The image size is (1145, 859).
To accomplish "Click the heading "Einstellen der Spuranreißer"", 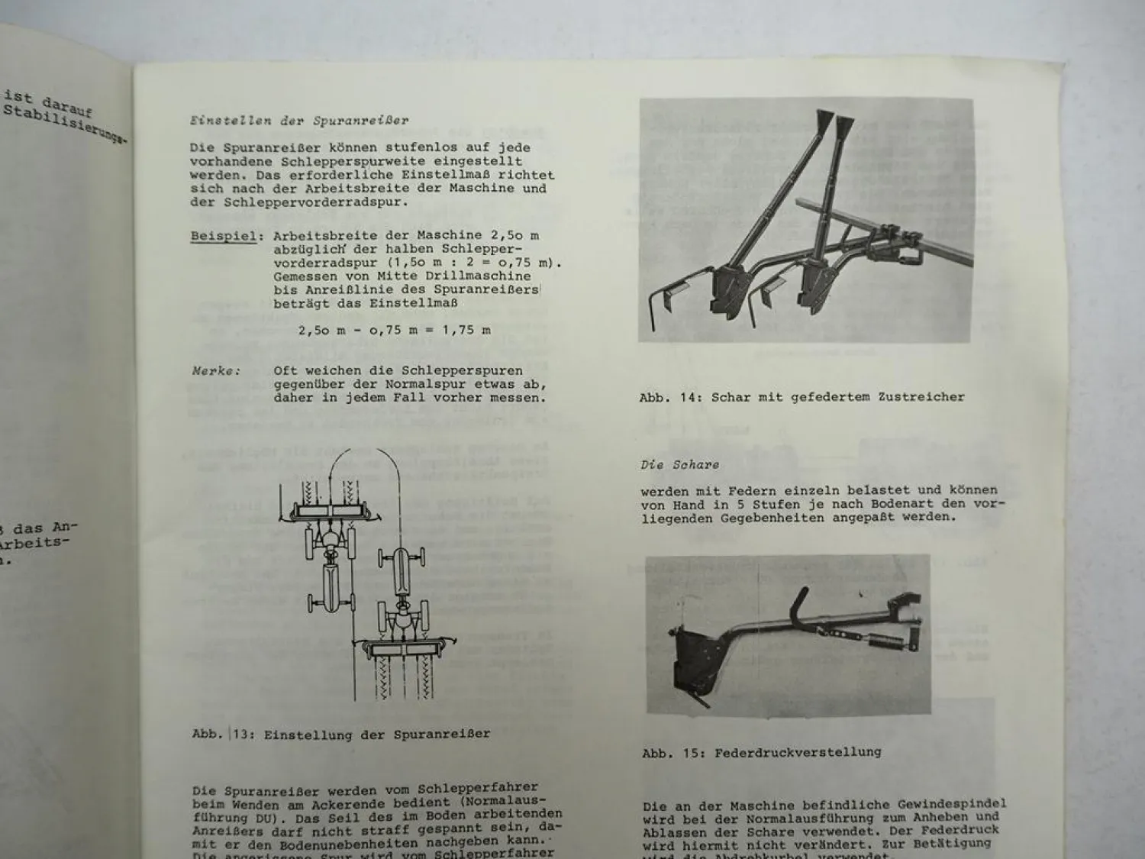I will [299, 121].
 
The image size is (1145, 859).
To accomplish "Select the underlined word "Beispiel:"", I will [223, 236].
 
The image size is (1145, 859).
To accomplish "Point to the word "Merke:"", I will [216, 371].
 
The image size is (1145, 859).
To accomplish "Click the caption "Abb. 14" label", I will [669, 397].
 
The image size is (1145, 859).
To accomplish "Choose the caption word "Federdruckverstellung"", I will [797, 752].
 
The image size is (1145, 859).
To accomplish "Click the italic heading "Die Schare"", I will [679, 464].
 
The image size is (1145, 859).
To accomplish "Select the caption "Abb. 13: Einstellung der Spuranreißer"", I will [340, 735].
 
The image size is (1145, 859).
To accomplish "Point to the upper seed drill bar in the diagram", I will [332, 510].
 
